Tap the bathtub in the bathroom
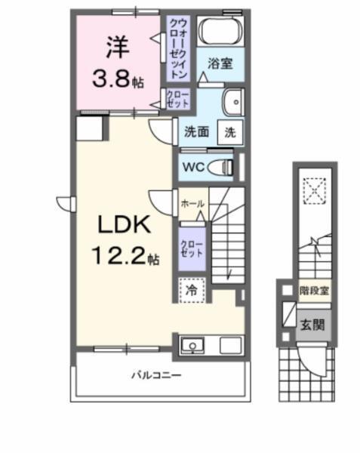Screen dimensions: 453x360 click(220, 32)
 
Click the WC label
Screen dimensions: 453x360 click(192, 166)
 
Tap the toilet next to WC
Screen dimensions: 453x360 click(222, 166)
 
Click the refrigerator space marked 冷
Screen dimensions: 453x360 click(192, 288)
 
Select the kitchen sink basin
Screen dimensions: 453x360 click(193, 347)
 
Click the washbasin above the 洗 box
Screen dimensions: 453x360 click(232, 100)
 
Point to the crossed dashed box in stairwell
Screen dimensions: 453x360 click(312, 190)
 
